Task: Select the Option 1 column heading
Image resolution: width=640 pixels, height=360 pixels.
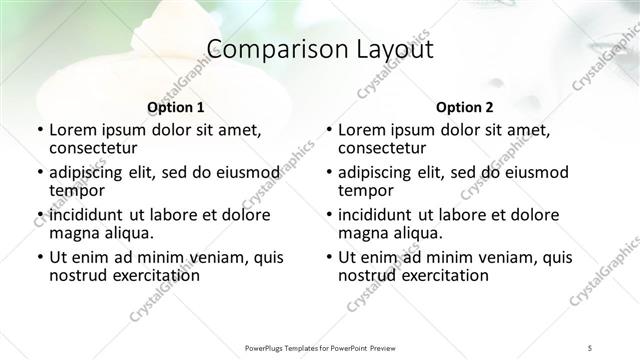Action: (x=175, y=107)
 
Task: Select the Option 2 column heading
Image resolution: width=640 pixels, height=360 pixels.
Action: (x=464, y=107)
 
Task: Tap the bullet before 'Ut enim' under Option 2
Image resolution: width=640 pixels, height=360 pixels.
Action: (x=329, y=257)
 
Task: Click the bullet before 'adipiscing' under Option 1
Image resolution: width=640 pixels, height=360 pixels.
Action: (x=40, y=172)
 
